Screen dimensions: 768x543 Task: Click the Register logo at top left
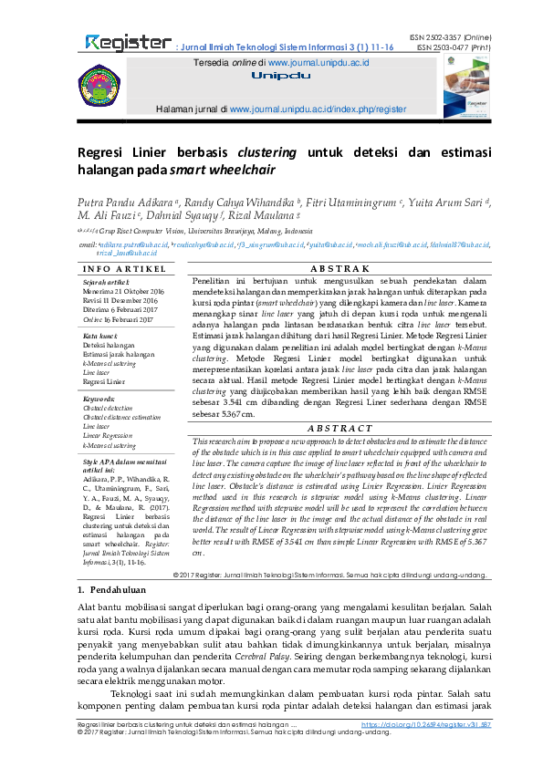point(128,43)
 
